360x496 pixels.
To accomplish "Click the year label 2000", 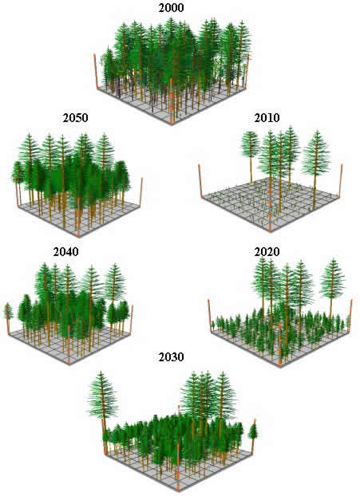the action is click(x=171, y=8).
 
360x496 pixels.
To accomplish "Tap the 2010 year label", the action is click(x=267, y=118).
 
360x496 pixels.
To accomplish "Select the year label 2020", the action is click(x=267, y=252).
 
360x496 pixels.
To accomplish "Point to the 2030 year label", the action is click(x=171, y=356).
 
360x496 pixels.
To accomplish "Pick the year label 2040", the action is click(x=66, y=252).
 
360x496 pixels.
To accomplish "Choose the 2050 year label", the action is click(x=75, y=118).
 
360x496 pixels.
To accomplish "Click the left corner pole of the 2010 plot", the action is click(x=200, y=181).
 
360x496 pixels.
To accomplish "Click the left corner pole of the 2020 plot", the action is click(x=210, y=315).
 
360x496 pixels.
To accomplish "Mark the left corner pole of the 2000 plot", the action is click(x=95, y=70).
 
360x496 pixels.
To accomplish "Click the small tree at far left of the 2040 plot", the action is click(x=8, y=315).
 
